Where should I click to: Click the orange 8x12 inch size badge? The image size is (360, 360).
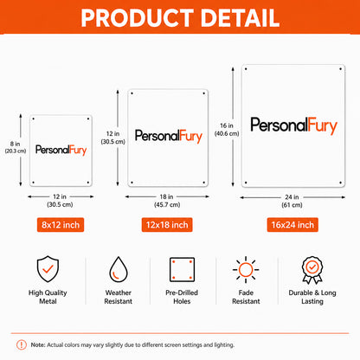(x=61, y=225)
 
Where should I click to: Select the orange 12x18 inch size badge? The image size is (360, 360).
(x=167, y=225)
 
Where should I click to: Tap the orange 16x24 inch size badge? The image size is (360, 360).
(x=292, y=225)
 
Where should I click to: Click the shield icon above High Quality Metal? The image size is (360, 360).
(x=48, y=269)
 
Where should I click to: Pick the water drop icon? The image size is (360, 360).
(x=119, y=269)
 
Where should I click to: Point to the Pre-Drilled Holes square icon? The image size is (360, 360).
(x=182, y=270)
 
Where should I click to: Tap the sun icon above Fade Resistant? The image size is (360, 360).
(x=246, y=270)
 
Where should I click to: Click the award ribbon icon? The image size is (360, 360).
(x=312, y=270)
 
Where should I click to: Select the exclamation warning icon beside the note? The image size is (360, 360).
(x=22, y=344)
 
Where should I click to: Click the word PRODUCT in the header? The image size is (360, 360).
(x=137, y=18)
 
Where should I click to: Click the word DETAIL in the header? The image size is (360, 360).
(x=240, y=18)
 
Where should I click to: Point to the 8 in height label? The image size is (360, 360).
(x=16, y=144)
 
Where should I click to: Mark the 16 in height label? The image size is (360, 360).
(x=227, y=125)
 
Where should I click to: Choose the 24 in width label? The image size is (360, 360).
(x=292, y=197)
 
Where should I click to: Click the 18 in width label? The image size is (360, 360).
(x=166, y=196)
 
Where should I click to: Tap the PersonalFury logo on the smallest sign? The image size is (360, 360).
(x=61, y=150)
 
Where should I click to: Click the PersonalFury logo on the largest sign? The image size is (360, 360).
(x=293, y=125)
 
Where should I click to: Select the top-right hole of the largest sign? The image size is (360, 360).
(x=340, y=69)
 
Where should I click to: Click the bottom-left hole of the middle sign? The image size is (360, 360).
(x=132, y=183)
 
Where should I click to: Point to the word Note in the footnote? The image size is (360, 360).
(x=38, y=344)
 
